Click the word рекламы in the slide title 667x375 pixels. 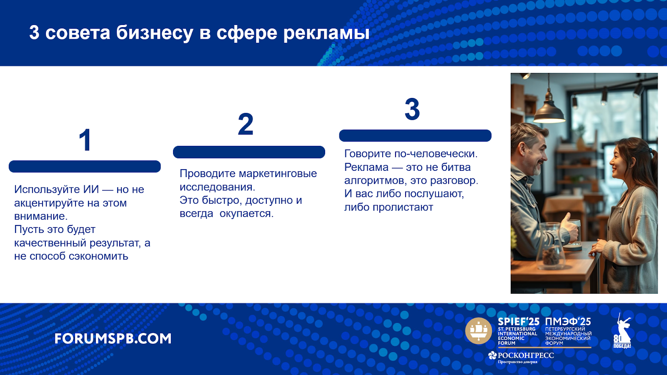pyautogui.click(x=326, y=33)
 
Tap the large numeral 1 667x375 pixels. pyautogui.click(x=85, y=140)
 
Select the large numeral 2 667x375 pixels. pyautogui.click(x=246, y=124)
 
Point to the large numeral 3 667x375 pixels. pyautogui.click(x=412, y=109)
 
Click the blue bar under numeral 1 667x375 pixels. pyautogui.click(x=85, y=166)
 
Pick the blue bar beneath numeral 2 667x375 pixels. pyautogui.click(x=249, y=152)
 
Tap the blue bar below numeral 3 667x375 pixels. pyautogui.click(x=415, y=136)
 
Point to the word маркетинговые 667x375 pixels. pyautogui.click(x=278, y=173)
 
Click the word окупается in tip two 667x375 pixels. pyautogui.click(x=246, y=214)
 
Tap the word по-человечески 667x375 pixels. pyautogui.click(x=436, y=154)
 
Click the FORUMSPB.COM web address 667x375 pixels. pyautogui.click(x=113, y=339)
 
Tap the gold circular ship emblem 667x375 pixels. pyautogui.click(x=479, y=331)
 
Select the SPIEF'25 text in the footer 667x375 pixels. pyautogui.click(x=519, y=322)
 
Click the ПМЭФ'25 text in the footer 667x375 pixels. pyautogui.click(x=568, y=322)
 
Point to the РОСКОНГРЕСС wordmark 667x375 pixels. pyautogui.click(x=526, y=355)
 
